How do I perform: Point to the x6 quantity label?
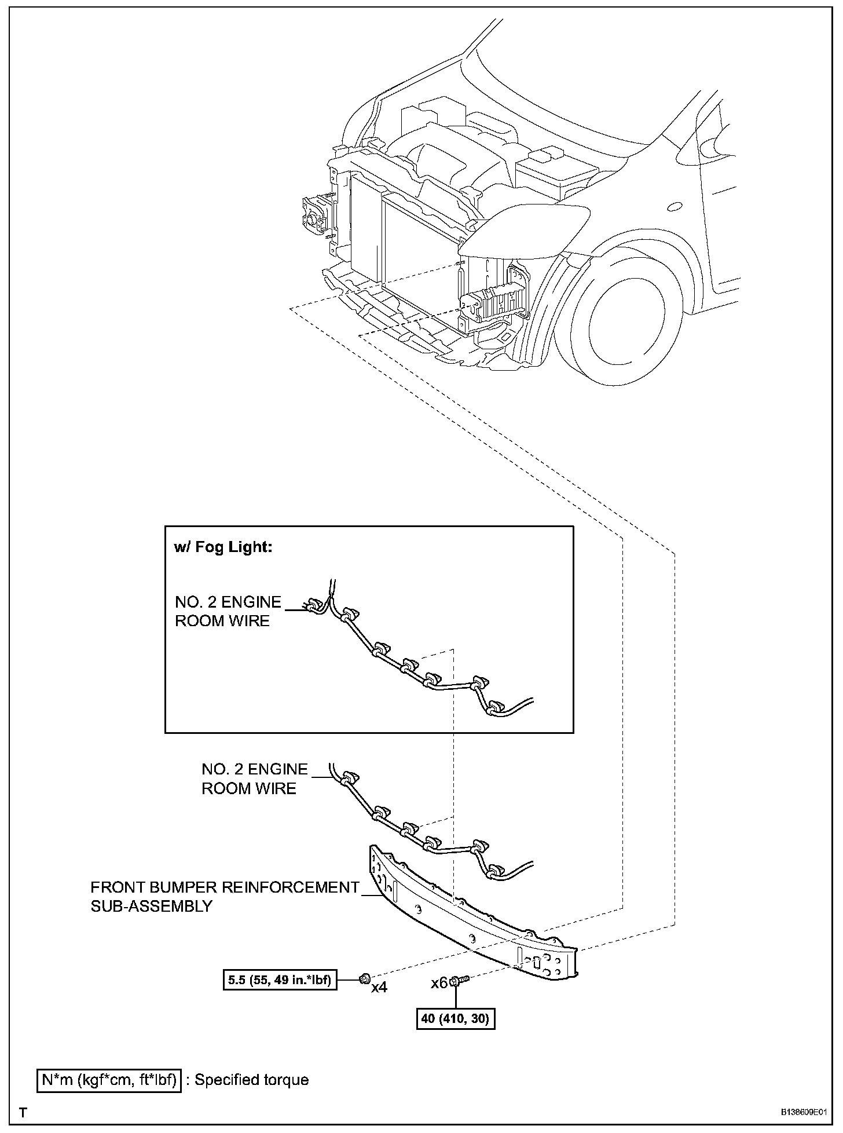[439, 983]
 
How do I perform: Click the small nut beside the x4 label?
[364, 980]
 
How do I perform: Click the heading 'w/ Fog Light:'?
[223, 547]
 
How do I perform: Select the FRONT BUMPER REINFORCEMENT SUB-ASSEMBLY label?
[225, 896]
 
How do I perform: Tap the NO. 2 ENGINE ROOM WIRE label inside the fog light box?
[228, 611]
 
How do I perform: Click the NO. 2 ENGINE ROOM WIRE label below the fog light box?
[254, 779]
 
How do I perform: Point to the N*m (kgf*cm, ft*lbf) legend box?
[109, 1080]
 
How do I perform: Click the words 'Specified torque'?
[251, 1080]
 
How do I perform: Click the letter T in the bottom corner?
[24, 1113]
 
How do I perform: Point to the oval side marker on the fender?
[675, 207]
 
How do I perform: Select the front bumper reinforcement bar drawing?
[469, 915]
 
